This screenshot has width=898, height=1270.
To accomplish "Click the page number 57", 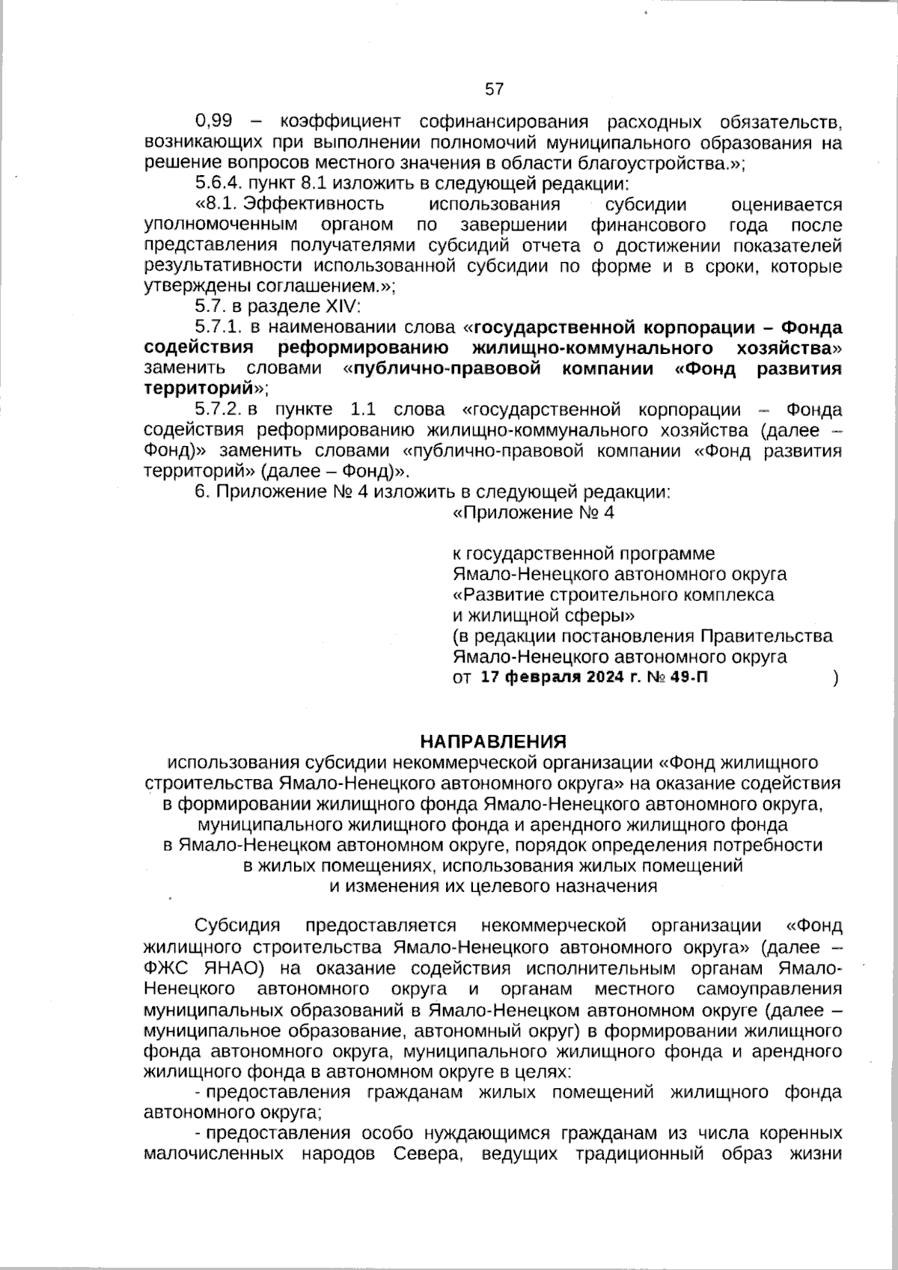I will (x=495, y=89).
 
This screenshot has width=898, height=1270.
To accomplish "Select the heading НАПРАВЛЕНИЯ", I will (x=493, y=742).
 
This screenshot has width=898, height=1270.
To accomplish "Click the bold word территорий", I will (x=198, y=389).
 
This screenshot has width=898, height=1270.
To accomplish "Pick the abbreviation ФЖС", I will (x=165, y=967).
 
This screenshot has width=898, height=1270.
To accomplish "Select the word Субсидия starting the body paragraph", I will (x=237, y=926).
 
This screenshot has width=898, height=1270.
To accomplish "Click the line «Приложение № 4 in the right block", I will (x=534, y=513).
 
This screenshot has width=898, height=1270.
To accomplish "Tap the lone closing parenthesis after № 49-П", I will (x=835, y=678).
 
